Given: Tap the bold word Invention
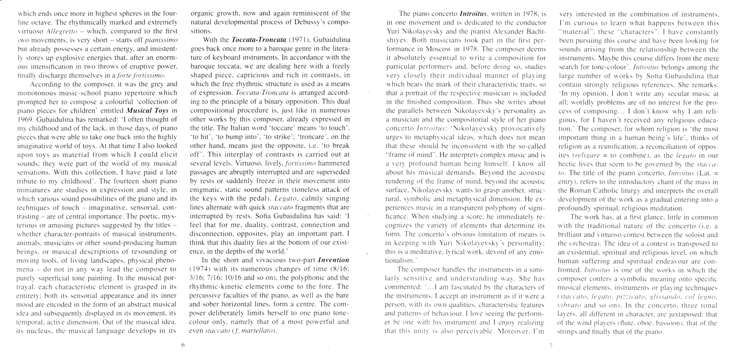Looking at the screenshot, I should pos(334,260).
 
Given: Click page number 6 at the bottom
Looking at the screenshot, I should pos(183,346).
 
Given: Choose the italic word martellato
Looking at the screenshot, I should pos(259,331).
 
